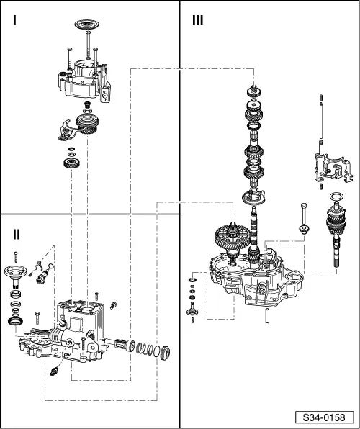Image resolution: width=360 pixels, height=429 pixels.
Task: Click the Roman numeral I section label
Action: point(15,22)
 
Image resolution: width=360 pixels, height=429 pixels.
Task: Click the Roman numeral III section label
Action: point(197,21)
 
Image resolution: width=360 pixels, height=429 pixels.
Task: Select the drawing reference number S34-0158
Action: point(325,417)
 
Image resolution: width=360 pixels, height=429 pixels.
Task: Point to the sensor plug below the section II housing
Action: point(55,371)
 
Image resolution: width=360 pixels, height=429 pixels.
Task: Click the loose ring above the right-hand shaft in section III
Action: point(336,197)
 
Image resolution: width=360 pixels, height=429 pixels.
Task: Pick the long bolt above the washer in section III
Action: point(305,213)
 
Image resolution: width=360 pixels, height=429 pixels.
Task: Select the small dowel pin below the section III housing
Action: point(265,315)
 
